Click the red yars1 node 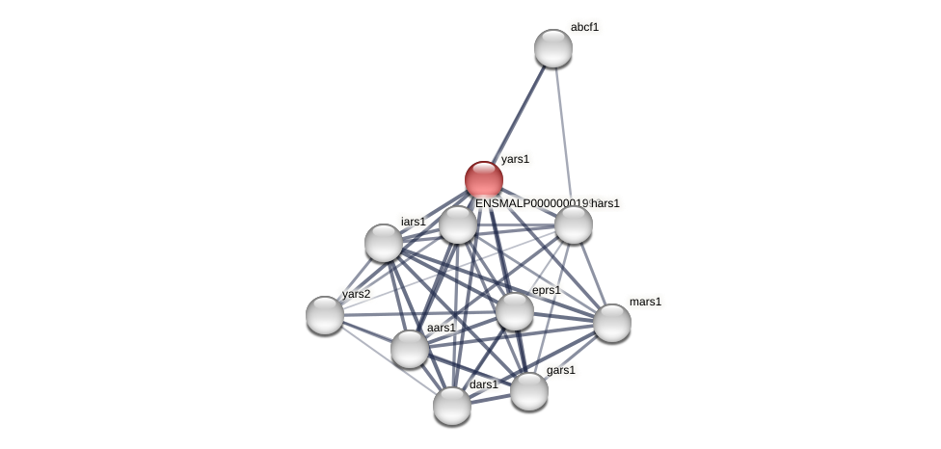click(484, 180)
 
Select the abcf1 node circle click(553, 48)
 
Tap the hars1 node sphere click(574, 225)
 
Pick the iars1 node click(384, 243)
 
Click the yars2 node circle click(325, 315)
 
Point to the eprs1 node click(515, 311)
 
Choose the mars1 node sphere click(612, 323)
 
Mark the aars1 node click(410, 349)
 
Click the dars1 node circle click(452, 406)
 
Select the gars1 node click(529, 391)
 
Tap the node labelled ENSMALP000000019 click(458, 225)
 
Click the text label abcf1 click(584, 27)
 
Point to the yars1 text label click(515, 159)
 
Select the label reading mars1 click(645, 302)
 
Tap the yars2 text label click(356, 294)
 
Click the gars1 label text click(560, 370)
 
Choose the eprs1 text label click(546, 290)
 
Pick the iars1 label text click(413, 222)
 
